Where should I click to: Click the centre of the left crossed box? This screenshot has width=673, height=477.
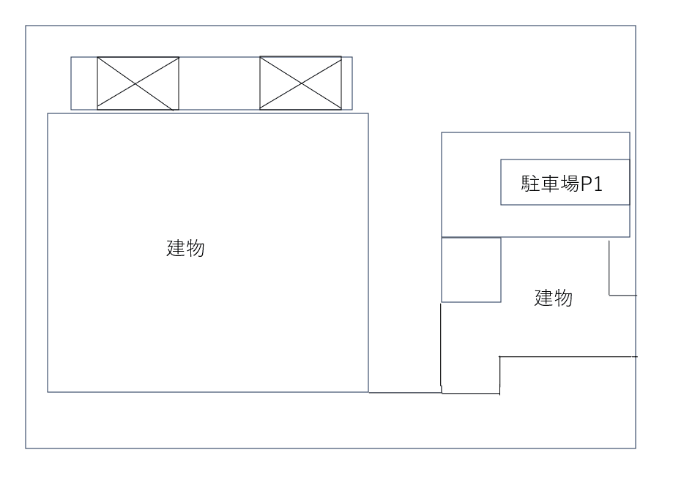click(x=138, y=83)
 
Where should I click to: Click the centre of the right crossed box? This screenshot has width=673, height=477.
click(x=300, y=83)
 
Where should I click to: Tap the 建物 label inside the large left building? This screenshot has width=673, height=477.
click(x=185, y=249)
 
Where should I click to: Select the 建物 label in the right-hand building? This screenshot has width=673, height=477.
click(x=553, y=298)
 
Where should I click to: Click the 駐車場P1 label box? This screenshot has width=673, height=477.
click(x=565, y=182)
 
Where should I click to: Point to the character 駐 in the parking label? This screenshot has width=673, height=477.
click(x=530, y=184)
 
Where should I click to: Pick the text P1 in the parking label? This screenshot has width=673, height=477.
click(x=591, y=184)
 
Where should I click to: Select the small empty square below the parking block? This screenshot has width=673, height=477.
click(x=471, y=269)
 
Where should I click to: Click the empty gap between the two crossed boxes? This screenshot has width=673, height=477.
click(x=219, y=83)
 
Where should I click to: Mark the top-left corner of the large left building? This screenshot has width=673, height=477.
click(x=48, y=113)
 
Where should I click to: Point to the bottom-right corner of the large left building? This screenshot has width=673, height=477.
click(x=368, y=392)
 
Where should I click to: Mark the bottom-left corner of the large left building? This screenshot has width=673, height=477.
click(x=48, y=392)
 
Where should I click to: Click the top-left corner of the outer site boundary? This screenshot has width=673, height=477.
click(x=26, y=26)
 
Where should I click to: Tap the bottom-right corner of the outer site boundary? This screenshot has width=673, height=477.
click(x=636, y=448)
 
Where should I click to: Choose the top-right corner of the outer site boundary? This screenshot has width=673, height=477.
click(x=636, y=26)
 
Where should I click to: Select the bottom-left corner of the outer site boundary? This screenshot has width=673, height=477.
click(x=26, y=448)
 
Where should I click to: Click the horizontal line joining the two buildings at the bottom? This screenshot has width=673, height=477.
click(x=404, y=393)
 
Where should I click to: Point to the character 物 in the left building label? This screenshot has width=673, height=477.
click(x=195, y=249)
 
